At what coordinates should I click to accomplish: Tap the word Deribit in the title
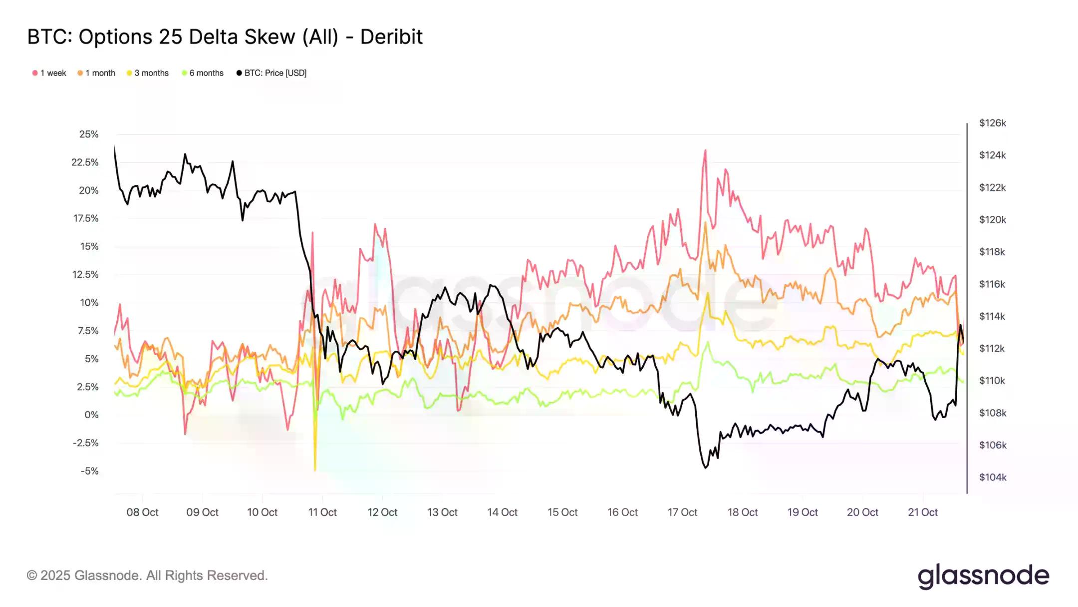(391, 37)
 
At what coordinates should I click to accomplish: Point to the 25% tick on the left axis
(89, 134)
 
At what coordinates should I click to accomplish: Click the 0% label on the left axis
(91, 415)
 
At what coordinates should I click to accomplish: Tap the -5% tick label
(90, 471)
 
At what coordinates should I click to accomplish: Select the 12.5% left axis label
(85, 274)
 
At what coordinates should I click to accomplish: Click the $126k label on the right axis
(992, 123)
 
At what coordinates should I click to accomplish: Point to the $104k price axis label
(992, 477)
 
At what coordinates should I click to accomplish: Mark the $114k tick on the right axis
(992, 316)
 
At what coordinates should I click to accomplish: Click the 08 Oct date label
(142, 512)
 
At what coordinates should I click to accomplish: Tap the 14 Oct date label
(502, 512)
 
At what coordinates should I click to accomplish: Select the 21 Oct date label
(922, 512)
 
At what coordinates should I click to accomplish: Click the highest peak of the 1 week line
(705, 150)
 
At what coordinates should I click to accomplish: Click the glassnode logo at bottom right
(983, 576)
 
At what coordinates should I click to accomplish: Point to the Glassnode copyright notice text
(147, 576)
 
